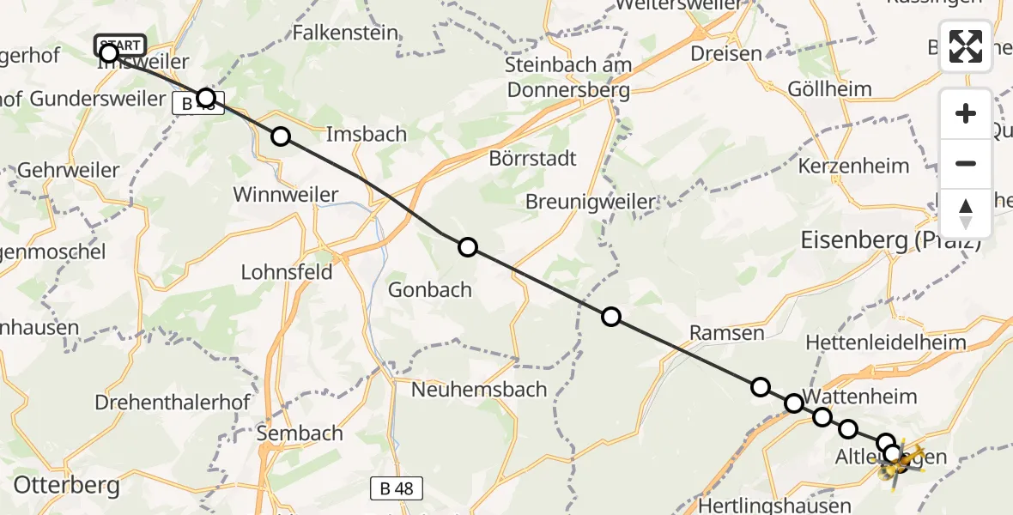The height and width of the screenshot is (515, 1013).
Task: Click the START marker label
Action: click(120, 45)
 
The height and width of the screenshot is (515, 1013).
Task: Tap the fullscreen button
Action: click(966, 46)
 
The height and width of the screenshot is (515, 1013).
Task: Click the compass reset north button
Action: click(966, 214)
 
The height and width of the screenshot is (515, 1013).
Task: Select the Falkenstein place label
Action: click(345, 33)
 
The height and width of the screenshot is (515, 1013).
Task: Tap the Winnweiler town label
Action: click(286, 195)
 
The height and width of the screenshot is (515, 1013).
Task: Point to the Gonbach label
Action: click(430, 289)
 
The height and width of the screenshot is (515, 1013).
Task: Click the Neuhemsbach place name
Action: click(479, 389)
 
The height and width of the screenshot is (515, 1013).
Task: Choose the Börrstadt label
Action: click(532, 159)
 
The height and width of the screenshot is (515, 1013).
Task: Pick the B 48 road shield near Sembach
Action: click(397, 489)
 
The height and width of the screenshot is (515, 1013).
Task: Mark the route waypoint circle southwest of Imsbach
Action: click(281, 136)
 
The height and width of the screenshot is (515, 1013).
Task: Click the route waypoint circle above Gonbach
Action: click(467, 247)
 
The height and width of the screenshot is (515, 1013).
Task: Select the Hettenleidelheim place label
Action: click(886, 342)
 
